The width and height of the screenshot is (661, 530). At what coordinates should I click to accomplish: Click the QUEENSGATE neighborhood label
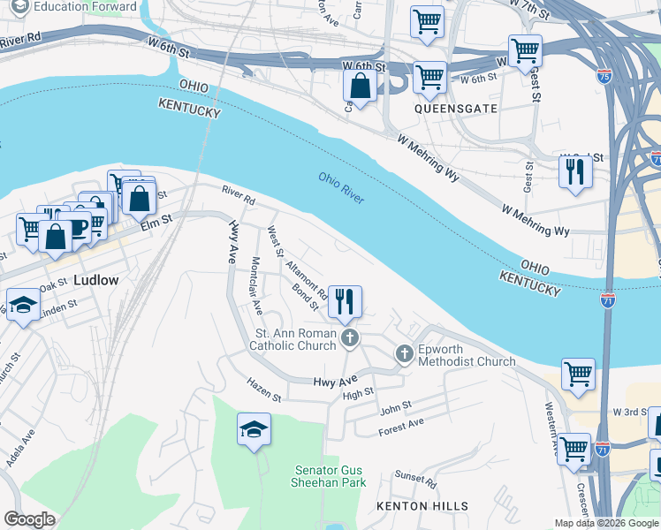455,109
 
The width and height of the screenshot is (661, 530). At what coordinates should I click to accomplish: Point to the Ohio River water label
341,189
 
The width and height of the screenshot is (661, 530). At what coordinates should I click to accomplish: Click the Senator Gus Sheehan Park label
329,476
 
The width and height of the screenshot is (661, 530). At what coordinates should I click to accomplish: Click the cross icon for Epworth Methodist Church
405,354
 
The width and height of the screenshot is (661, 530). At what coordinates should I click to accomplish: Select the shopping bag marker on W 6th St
361,87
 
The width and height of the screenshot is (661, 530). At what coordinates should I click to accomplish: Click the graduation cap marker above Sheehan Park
254,429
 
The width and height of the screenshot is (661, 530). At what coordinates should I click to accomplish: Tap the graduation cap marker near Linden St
23,306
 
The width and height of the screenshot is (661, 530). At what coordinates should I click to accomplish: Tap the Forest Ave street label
400,427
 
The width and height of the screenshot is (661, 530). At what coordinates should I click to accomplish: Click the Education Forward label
86,7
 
